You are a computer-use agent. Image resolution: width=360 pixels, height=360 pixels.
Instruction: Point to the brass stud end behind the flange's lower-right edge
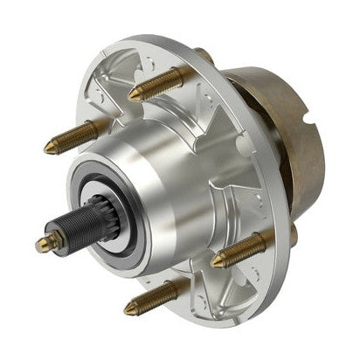[x=293, y=233]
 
